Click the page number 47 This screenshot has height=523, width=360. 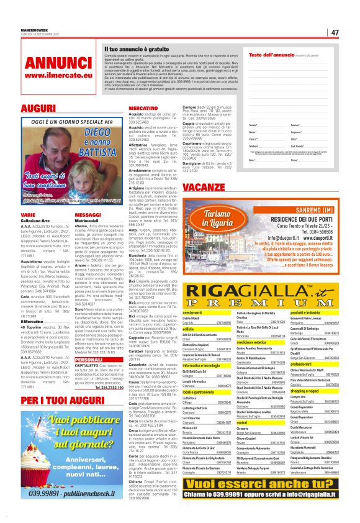click(x=335, y=32)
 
